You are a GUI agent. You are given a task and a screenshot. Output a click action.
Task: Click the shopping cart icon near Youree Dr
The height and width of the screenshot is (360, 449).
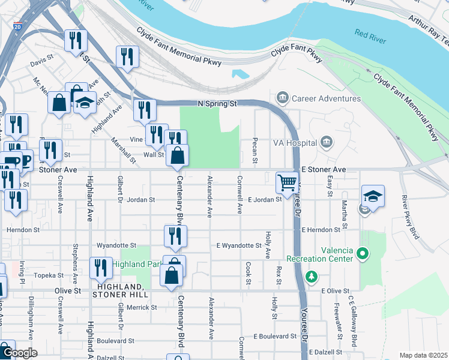click(x=288, y=182)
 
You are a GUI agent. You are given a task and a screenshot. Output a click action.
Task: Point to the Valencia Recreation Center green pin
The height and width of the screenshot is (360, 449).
click(x=361, y=254)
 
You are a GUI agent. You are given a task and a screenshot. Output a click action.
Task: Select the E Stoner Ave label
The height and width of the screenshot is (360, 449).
click(x=324, y=170)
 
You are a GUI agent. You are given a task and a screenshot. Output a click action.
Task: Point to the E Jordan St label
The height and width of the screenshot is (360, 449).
click(x=265, y=199)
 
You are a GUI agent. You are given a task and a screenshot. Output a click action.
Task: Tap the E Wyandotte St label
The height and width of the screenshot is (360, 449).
click(x=239, y=245)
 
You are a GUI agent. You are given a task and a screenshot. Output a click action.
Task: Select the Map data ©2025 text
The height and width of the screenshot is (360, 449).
click(x=423, y=355)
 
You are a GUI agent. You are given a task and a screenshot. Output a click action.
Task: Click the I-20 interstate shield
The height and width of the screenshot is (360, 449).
click(x=17, y=27)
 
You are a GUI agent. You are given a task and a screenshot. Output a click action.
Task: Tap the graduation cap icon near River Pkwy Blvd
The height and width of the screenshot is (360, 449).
click(x=373, y=196)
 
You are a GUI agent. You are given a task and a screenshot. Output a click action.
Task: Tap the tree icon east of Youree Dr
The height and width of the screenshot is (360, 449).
click(x=311, y=277)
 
